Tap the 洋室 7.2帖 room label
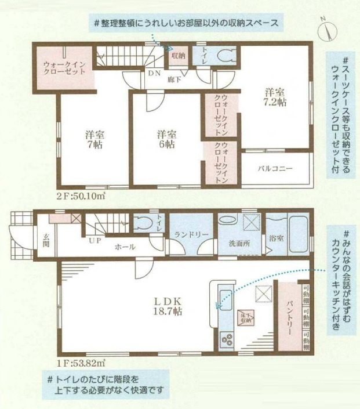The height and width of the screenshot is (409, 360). click(275, 96)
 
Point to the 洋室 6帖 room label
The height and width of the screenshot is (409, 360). click(165, 139)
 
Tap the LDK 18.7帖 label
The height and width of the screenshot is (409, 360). click(168, 306)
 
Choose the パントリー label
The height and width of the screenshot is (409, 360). click(288, 318)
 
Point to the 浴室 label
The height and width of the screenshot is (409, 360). click(277, 238)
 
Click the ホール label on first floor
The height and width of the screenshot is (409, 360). click(125, 247)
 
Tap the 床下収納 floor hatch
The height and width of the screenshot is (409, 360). click(246, 316)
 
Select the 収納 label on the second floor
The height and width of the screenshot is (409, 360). click(177, 56)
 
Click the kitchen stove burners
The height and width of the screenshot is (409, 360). click(226, 339)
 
